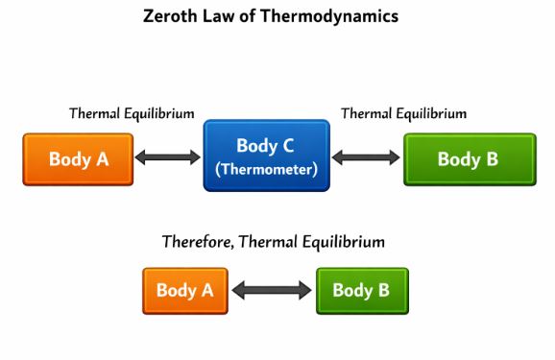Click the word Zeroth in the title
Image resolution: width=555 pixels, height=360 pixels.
point(170,16)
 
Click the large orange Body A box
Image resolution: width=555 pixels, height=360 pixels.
point(78,159)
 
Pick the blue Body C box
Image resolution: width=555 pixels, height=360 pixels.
point(266,156)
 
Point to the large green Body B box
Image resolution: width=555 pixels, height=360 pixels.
point(469,159)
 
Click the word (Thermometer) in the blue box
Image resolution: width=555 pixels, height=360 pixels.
point(266,169)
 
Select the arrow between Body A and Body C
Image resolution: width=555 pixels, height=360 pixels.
point(168,157)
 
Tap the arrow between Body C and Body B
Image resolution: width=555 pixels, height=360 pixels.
point(366,157)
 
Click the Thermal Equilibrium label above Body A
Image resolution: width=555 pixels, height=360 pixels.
point(132,113)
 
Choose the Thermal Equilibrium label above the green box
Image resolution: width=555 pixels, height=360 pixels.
point(404,113)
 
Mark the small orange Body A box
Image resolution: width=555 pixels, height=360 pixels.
point(185,290)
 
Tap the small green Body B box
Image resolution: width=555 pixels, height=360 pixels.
point(361,290)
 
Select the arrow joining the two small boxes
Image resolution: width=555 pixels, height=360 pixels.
point(272,290)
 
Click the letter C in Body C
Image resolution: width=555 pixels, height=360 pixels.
point(286,147)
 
